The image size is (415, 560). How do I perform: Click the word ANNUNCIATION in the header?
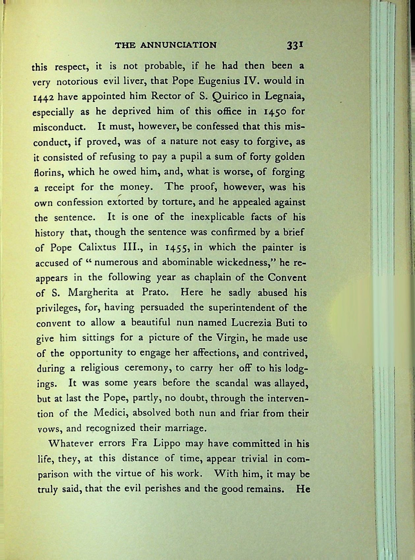click(179, 45)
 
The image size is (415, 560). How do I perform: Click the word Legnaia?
click(284, 97)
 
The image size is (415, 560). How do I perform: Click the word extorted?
click(125, 202)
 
